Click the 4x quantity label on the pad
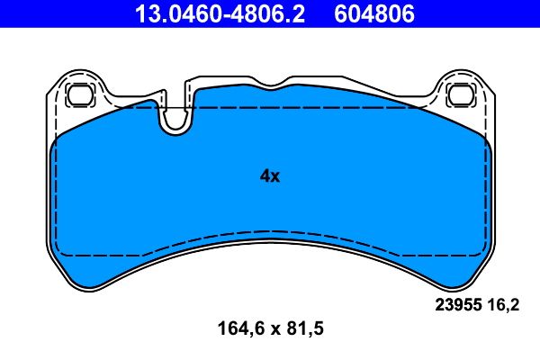(x=270, y=176)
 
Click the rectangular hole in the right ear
(x=462, y=92)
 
